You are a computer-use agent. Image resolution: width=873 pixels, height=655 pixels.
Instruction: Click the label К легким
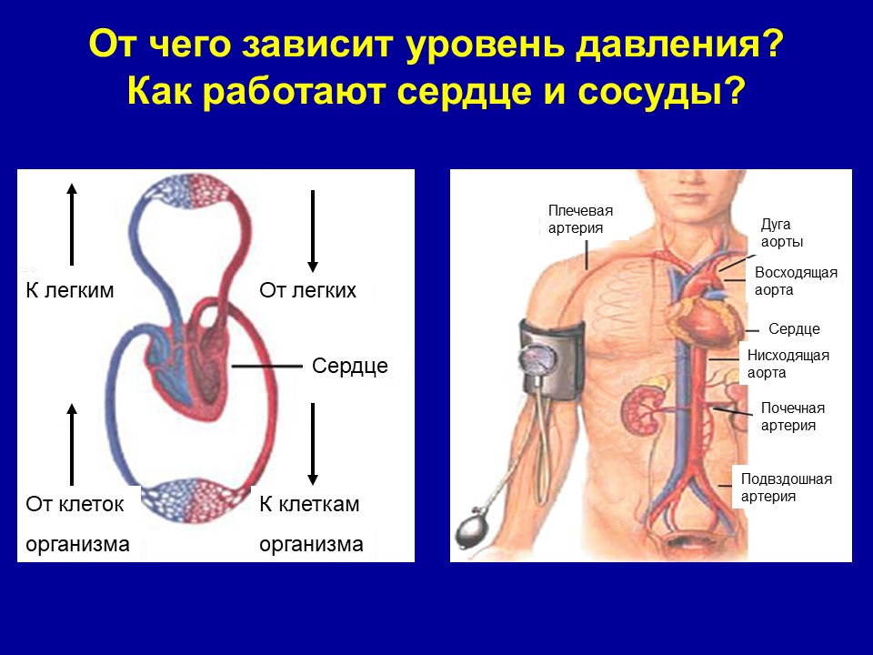70,290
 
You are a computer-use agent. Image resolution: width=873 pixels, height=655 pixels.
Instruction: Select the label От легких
307,290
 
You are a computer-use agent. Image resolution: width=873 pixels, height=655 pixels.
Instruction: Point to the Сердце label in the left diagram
349,366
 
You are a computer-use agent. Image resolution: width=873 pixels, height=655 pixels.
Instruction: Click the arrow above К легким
71,224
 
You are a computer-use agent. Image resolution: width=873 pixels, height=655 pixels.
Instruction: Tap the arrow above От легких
312,231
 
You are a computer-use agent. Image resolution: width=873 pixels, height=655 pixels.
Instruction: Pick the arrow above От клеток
71,445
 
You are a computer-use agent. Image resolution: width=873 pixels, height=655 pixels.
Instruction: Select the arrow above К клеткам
312,445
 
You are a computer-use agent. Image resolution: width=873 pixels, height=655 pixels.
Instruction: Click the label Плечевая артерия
580,219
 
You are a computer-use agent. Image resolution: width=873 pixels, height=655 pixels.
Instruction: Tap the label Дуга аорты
782,234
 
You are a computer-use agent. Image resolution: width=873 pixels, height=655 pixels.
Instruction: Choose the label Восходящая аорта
796,281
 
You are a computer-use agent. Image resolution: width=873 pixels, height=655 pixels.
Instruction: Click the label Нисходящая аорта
788,364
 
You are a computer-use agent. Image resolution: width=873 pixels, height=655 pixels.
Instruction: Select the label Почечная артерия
792,417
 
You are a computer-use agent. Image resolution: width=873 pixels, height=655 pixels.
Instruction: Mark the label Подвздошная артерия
786,488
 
